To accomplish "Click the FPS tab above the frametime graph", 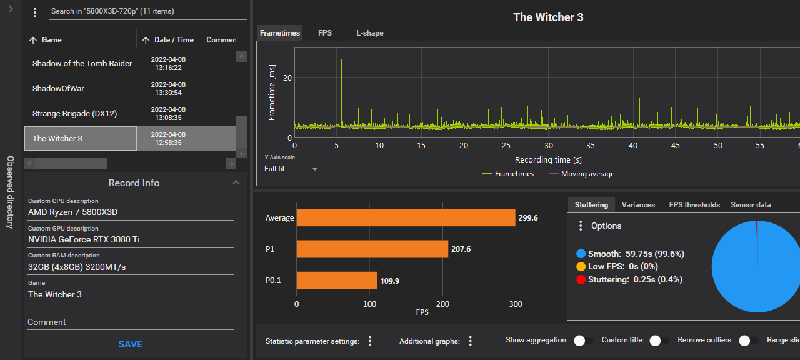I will pos(325,33).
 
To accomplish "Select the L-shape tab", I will pos(370,33).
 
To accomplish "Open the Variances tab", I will pos(638,205).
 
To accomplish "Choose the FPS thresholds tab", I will pos(694,205).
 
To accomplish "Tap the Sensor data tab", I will pos(751,205).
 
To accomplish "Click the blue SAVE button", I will pos(131,344).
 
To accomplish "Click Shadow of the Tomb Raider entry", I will pos(82,64).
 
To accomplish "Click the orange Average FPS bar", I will pos(406,217).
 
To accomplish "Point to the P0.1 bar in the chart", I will pos(336,280).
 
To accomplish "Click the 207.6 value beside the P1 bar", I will pos(461,249).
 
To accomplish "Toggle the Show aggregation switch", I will pos(584,341).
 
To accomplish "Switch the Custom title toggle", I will pos(659,341).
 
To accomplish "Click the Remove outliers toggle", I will pos(748,341).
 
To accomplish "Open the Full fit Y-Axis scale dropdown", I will pos(291,169).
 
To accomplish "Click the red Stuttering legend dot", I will pos(581,279).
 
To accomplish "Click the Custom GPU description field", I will pos(131,239).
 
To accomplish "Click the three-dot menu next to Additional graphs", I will pos(471,341).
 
